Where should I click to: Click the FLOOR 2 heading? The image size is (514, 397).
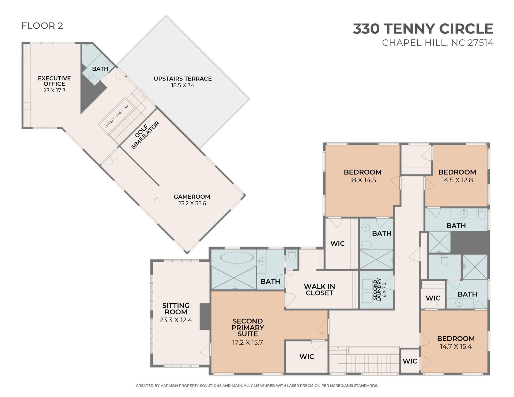42,26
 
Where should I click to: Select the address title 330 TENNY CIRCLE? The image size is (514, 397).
423,29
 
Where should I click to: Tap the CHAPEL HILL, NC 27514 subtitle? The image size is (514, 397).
438,43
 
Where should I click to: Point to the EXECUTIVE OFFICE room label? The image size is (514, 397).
54,81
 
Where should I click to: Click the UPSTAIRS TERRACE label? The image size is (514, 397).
183,79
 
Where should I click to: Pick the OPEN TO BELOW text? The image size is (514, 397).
116,116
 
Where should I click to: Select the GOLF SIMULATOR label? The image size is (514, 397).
145,135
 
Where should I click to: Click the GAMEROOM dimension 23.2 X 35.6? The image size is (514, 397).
192,203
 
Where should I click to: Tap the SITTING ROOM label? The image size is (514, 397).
176,309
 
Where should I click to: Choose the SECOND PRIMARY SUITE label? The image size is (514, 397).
248,327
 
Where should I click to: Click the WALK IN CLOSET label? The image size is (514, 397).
319,290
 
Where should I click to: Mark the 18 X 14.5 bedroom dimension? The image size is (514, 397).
363,180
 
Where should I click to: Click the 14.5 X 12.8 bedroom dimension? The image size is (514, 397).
457,180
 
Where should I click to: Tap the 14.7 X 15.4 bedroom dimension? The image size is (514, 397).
456,347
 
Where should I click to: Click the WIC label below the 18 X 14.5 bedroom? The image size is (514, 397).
338,244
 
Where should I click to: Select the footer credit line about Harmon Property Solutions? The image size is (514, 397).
257,386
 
